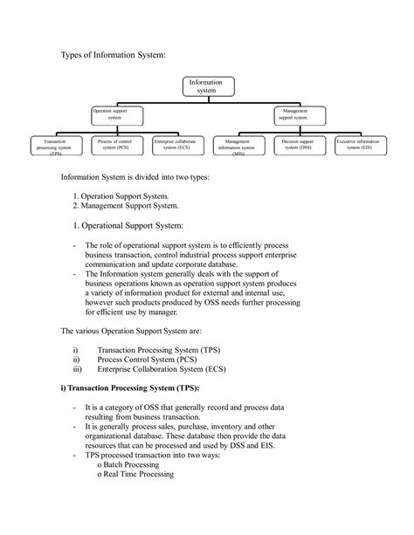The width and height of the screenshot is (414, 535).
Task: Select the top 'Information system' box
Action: pos(207,86)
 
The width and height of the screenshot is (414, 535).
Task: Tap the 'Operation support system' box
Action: pos(116,114)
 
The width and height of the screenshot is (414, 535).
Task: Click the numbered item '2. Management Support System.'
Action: pos(127,206)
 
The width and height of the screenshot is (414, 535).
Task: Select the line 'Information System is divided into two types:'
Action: pos(135,177)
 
